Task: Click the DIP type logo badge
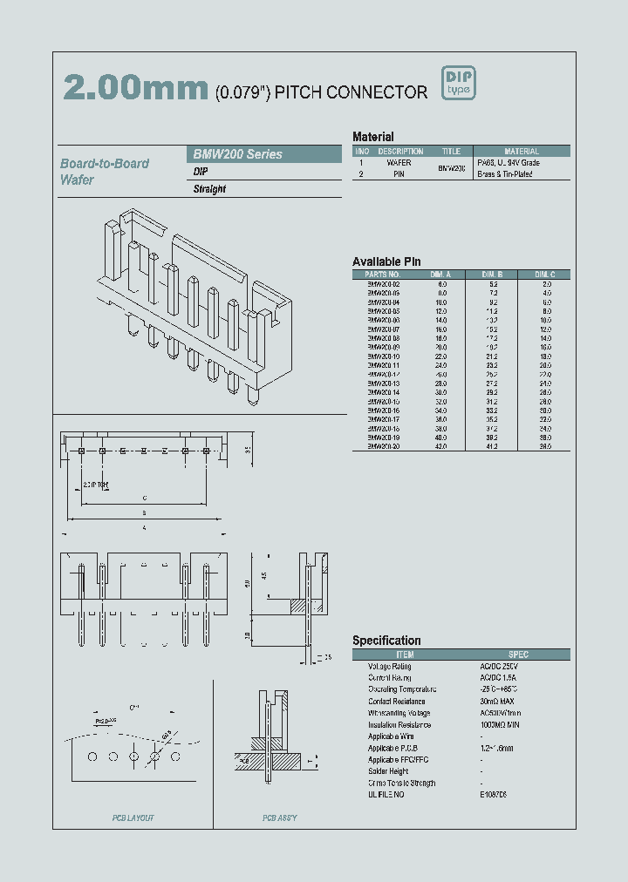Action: [x=459, y=83]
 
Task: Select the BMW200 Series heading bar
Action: [x=265, y=154]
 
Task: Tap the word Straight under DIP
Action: [x=209, y=189]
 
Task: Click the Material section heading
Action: [x=372, y=137]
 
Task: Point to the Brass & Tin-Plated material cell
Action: [x=505, y=174]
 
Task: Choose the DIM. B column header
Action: [x=493, y=275]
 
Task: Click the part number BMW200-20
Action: [x=383, y=446]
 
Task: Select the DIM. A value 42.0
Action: [x=441, y=446]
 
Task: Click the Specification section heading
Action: [x=386, y=641]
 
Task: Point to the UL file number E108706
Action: [x=494, y=795]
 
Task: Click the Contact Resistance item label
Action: [x=397, y=702]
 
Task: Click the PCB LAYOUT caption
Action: [x=133, y=818]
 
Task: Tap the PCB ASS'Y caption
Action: [x=279, y=818]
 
